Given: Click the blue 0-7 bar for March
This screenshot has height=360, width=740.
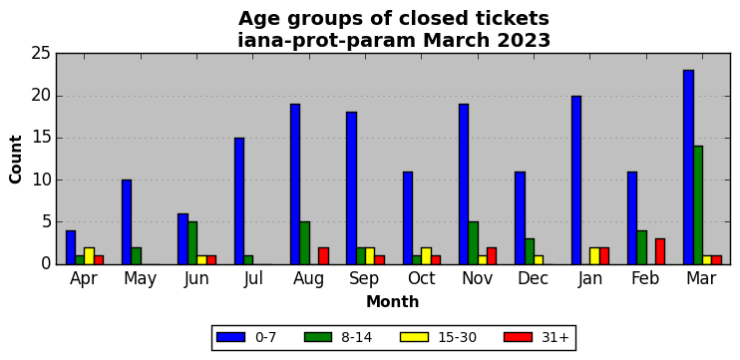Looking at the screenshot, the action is tap(688, 167).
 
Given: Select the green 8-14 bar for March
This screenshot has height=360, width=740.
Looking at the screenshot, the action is tap(697, 205).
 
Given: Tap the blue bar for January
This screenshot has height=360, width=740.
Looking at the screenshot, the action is tap(575, 180).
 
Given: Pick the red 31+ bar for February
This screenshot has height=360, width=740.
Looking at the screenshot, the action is tap(660, 251).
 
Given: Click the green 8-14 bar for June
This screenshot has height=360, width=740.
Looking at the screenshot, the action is tap(192, 243).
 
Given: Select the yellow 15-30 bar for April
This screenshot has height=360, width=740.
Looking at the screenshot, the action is tap(89, 255).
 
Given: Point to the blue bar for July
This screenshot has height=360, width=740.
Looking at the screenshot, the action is tap(238, 201).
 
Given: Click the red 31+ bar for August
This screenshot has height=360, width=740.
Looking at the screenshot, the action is tap(323, 255).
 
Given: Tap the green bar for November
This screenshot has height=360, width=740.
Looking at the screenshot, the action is tap(473, 243).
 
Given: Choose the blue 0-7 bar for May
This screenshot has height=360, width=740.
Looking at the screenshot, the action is tap(127, 222).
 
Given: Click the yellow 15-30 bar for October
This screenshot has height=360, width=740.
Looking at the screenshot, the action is tap(426, 255).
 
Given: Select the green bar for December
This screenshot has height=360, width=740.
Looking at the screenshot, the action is tap(529, 251).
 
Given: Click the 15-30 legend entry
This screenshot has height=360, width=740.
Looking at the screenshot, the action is tap(439, 337).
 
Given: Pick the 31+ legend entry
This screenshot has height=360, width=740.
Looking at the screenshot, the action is tap(538, 337).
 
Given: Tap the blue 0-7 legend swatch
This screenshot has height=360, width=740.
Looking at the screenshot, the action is tap(230, 337).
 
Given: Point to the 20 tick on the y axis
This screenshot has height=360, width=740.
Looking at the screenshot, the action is tap(41, 97).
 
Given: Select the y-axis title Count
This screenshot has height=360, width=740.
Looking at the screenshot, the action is tap(16, 159).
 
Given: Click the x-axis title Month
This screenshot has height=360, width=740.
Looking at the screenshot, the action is tap(392, 301).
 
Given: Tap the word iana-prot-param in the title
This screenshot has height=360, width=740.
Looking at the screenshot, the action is tap(327, 41).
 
